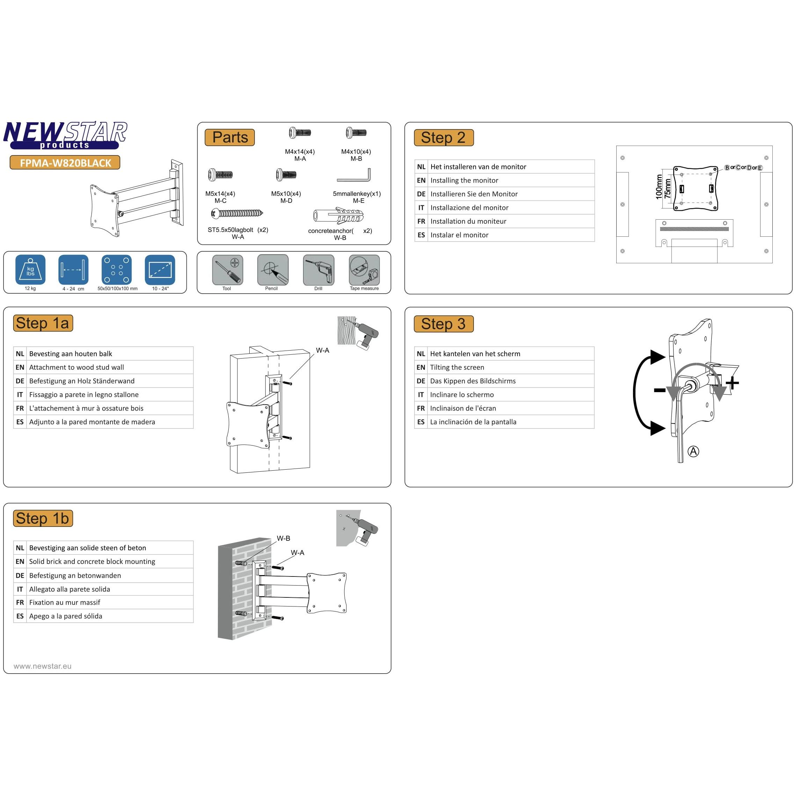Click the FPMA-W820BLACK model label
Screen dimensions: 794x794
(x=65, y=163)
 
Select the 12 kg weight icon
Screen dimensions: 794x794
(x=30, y=270)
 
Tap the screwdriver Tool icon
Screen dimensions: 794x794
(x=227, y=270)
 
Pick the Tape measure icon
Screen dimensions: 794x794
(x=364, y=270)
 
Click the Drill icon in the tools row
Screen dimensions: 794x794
(x=318, y=270)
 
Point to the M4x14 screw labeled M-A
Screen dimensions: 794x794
(x=300, y=133)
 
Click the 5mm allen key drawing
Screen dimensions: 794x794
(x=354, y=176)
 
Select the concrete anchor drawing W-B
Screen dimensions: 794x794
(x=338, y=215)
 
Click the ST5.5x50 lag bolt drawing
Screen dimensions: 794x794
(x=237, y=213)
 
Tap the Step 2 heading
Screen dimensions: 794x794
(x=443, y=138)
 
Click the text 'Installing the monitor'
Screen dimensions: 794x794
(x=464, y=181)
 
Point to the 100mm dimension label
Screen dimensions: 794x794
(x=659, y=187)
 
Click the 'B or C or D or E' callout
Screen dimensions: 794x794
(x=743, y=168)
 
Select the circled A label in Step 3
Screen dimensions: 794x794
(x=693, y=451)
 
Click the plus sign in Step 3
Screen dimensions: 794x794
(x=732, y=383)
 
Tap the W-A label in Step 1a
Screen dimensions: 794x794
(x=322, y=350)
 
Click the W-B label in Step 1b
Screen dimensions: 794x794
(x=283, y=538)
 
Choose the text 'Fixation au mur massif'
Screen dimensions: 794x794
(x=65, y=602)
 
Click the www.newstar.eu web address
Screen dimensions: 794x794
(x=42, y=666)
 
